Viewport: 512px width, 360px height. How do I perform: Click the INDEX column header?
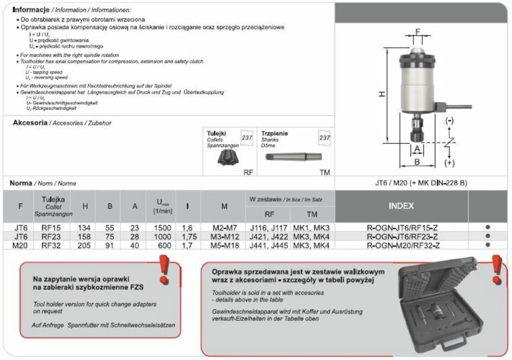[x=401, y=206]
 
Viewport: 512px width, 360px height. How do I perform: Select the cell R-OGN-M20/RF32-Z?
[x=401, y=245]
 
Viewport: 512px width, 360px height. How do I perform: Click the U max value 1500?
[x=163, y=228]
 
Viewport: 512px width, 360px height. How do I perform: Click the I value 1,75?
[x=189, y=237]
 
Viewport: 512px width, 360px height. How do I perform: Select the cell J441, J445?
[x=268, y=245]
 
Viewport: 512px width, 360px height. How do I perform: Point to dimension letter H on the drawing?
[x=382, y=94]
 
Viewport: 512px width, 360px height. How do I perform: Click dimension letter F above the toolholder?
[x=417, y=32]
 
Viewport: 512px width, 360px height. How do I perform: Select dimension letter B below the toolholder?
[x=417, y=161]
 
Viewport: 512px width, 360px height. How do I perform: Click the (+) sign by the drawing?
[x=449, y=162]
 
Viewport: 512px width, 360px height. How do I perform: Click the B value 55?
[x=109, y=228]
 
